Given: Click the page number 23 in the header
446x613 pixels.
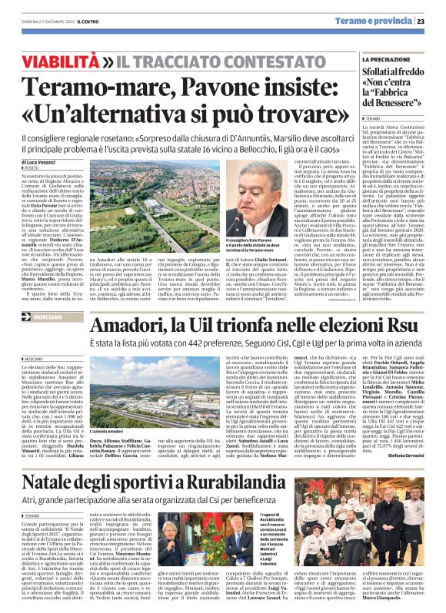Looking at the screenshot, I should [431, 22].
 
